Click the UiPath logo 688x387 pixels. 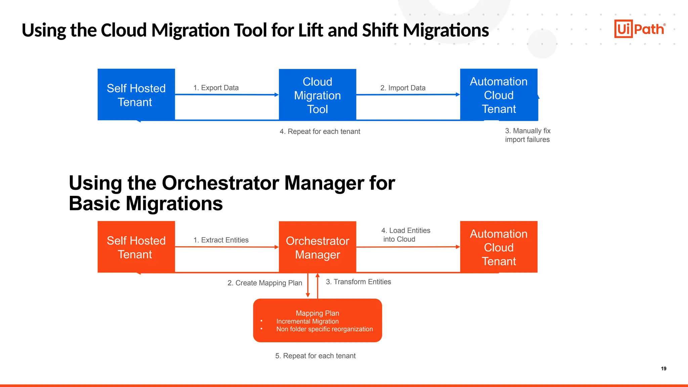(640, 29)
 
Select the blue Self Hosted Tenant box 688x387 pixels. (136, 95)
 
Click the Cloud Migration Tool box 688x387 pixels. (317, 95)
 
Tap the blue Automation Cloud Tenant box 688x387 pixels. (499, 95)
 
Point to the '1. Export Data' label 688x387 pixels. (216, 88)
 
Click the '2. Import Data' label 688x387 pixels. (403, 88)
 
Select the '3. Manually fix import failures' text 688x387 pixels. (527, 135)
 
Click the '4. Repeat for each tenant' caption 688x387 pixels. (319, 131)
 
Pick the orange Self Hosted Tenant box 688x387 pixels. (136, 247)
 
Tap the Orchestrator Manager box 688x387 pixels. (317, 248)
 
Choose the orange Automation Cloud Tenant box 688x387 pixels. (499, 247)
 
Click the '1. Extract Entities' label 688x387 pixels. (221, 240)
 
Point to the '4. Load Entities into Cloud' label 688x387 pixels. (405, 235)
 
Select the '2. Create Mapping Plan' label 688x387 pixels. (265, 283)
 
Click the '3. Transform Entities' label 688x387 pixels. (358, 282)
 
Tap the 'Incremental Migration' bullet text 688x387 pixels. (307, 321)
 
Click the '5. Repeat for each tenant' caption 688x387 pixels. (315, 356)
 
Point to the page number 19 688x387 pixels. (663, 369)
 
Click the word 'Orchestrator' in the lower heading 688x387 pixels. (220, 183)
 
